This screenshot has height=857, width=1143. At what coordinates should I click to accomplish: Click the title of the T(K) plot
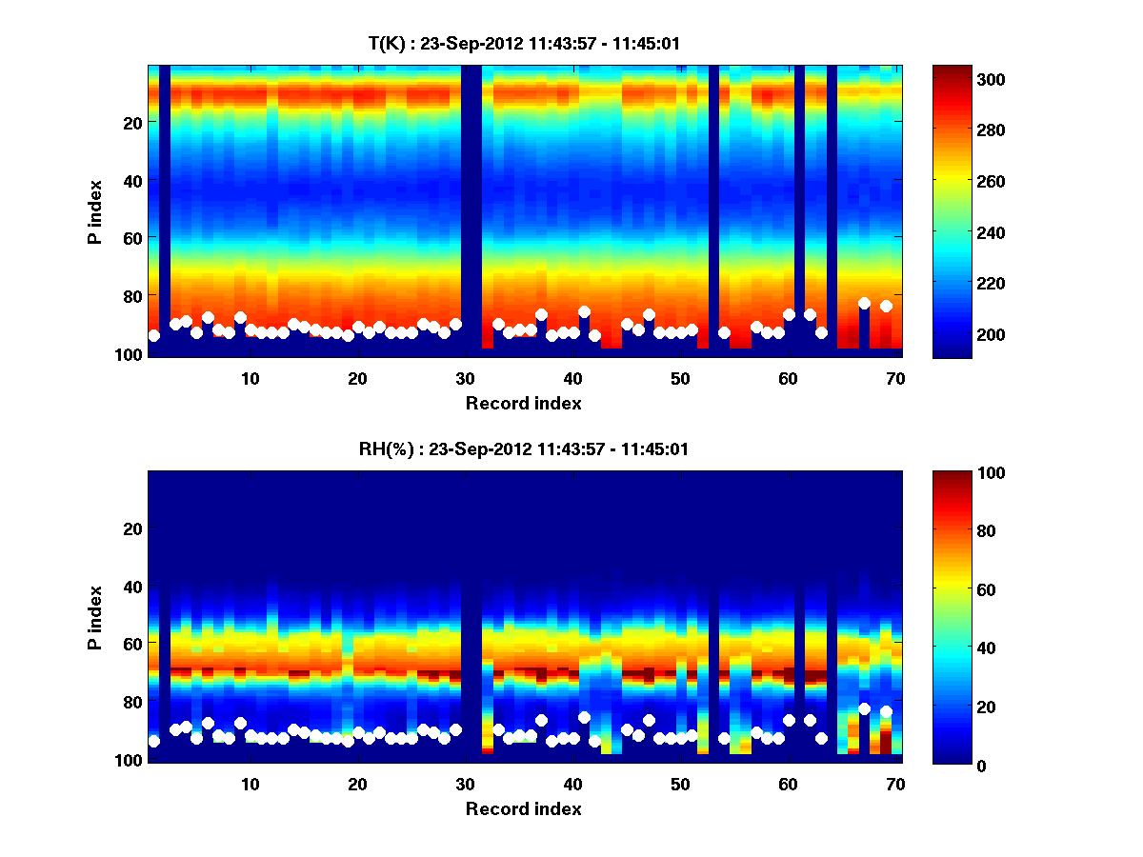pos(524,44)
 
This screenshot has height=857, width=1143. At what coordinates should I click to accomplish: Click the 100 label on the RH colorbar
pos(958,473)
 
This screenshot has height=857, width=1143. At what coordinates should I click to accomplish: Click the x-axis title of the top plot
pos(524,403)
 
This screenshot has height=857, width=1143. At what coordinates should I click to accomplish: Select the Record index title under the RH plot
pos(524,808)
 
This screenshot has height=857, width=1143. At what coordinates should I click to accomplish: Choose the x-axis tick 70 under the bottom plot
pos(895,784)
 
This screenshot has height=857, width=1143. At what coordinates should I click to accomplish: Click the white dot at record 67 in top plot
pos(864,304)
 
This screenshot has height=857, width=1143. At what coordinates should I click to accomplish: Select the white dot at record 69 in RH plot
pos(886,711)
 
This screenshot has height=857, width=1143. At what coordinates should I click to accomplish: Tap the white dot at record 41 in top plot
pos(584,311)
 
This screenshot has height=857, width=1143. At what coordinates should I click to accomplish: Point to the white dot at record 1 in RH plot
pos(154,741)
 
